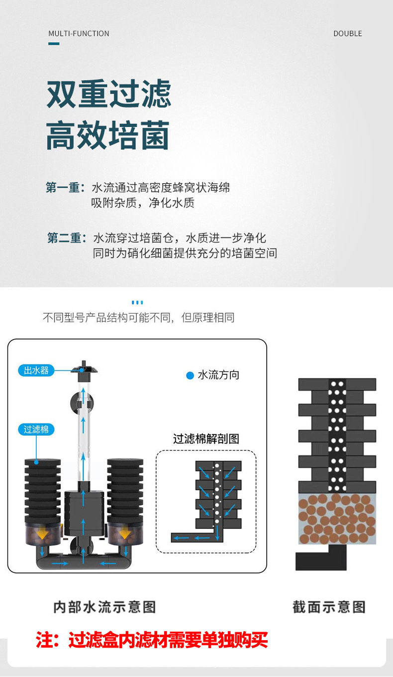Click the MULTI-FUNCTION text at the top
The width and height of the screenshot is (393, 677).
(79, 33)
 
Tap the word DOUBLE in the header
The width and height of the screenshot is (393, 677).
(347, 33)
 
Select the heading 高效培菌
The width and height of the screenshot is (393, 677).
(108, 135)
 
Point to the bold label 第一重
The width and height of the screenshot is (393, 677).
(63, 188)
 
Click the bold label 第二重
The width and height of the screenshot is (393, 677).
(64, 238)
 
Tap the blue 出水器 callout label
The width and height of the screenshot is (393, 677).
(36, 370)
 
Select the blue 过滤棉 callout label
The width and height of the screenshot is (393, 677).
(36, 429)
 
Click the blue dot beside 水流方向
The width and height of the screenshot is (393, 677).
(190, 375)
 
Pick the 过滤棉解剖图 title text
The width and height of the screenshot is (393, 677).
(206, 439)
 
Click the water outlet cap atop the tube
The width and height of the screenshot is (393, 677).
(84, 368)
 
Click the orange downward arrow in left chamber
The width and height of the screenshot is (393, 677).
(43, 534)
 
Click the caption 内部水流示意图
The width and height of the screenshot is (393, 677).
(104, 607)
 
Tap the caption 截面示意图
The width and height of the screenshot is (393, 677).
(329, 607)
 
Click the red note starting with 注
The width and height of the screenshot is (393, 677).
(152, 640)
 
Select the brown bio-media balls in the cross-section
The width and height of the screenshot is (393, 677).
(337, 519)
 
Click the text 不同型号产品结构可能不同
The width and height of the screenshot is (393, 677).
(107, 318)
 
